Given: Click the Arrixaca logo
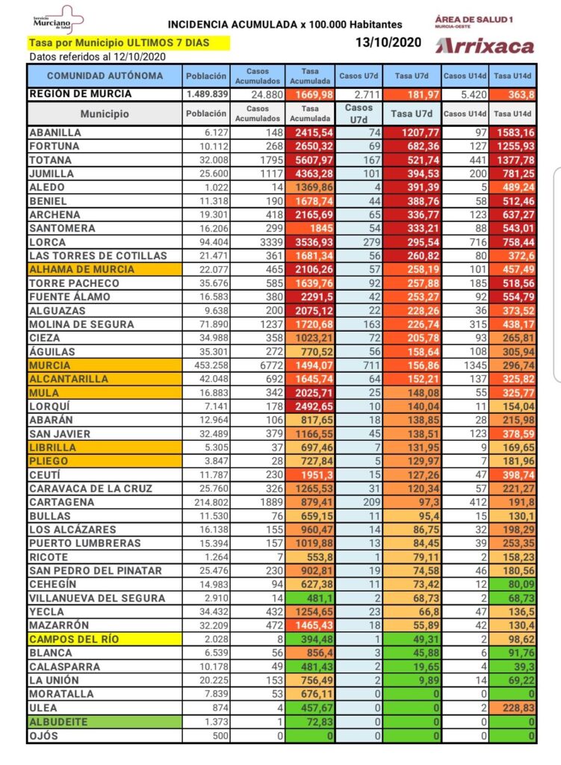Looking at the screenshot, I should pyautogui.click(x=485, y=46).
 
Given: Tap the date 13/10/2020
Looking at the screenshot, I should pyautogui.click(x=388, y=43).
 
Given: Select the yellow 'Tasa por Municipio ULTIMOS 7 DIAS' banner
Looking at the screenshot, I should pyautogui.click(x=128, y=43).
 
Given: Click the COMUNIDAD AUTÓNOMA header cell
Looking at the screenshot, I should pyautogui.click(x=105, y=75).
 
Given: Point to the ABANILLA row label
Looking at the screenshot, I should pyautogui.click(x=57, y=132).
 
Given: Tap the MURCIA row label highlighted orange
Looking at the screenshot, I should pyautogui.click(x=51, y=365).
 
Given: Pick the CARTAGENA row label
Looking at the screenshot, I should pyautogui.click(x=61, y=502).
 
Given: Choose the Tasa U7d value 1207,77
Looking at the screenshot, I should pyautogui.click(x=414, y=132).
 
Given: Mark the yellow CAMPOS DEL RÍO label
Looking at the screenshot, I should pyautogui.click(x=75, y=639).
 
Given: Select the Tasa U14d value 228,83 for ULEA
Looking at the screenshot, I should pyautogui.click(x=514, y=708).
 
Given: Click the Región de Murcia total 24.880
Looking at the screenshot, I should pyautogui.click(x=257, y=94).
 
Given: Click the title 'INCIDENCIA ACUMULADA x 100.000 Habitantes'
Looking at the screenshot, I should pyautogui.click(x=285, y=25).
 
